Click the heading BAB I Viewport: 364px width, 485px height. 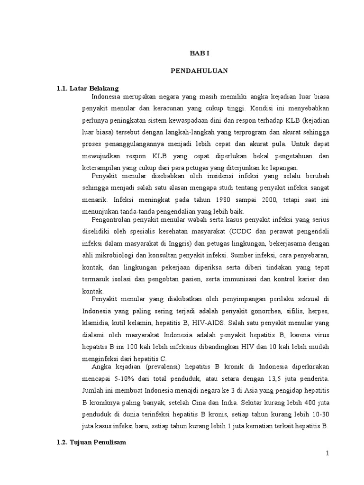point(199,54)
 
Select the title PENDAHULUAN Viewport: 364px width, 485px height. point(199,71)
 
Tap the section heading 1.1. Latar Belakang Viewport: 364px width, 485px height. point(88,88)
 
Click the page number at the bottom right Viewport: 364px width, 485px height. point(327,453)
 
